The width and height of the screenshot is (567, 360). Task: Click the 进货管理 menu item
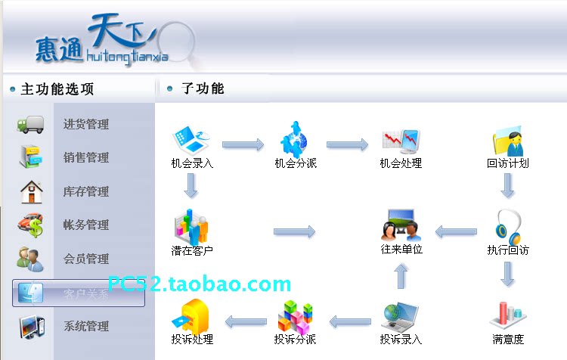tap(85, 125)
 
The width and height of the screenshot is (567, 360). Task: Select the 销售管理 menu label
tap(85, 158)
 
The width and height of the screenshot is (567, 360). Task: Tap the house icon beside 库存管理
tap(31, 191)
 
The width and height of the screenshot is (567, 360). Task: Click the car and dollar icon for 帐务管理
tap(31, 225)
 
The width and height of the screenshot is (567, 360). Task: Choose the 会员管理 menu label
tap(85, 259)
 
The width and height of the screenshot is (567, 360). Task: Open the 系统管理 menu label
tap(85, 327)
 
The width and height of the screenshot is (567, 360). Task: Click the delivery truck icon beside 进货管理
tap(31, 124)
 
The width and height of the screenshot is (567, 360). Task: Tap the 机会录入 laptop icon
tap(191, 139)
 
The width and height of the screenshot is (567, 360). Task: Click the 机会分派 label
tap(296, 163)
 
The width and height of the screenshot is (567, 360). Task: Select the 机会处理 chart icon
tap(401, 139)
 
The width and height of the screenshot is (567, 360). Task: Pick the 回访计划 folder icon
tap(508, 141)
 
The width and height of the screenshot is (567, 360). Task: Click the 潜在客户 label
tap(192, 250)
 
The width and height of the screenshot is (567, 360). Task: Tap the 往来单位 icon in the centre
tap(401, 224)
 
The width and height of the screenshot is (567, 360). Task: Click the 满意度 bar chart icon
tap(508, 315)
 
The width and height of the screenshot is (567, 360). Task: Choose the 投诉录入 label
tap(401, 339)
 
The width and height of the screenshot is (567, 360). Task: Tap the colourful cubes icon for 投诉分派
tap(296, 315)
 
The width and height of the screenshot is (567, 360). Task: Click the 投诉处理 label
tap(192, 339)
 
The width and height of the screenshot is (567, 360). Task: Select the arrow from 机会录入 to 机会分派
tap(243, 144)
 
